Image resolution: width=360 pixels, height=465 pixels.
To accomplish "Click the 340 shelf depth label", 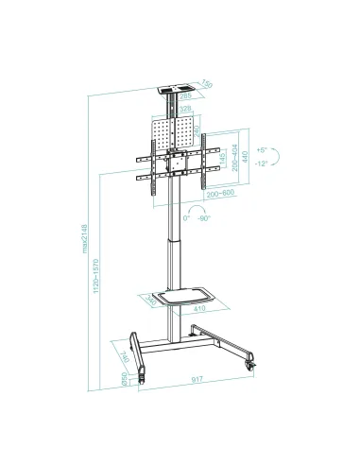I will (153, 302).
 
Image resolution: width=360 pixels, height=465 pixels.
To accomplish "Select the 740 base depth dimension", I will (125, 355).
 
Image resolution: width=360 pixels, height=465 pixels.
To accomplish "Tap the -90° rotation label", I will (205, 216).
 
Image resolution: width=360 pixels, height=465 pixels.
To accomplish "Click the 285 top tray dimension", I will (186, 96).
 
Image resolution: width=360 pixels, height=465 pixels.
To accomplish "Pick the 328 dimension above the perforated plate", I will (186, 110).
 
